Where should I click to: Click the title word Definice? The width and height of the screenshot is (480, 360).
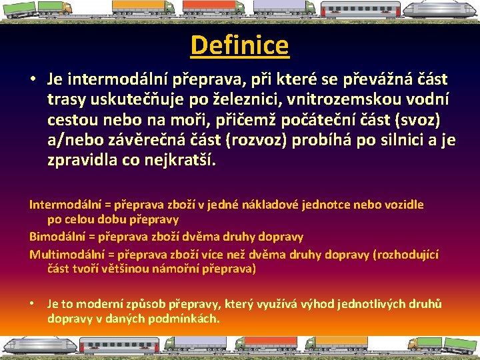click(x=239, y=45)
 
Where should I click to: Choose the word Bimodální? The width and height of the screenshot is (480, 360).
click(x=57, y=236)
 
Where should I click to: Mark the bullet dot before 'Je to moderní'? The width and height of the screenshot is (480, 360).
click(x=32, y=304)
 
